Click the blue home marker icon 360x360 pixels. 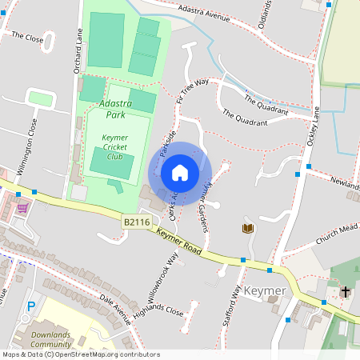coord(180,173)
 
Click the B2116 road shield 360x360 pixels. coord(136,221)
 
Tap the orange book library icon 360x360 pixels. coord(248,229)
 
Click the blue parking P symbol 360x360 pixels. coord(31,306)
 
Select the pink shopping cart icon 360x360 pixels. coord(22,208)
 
